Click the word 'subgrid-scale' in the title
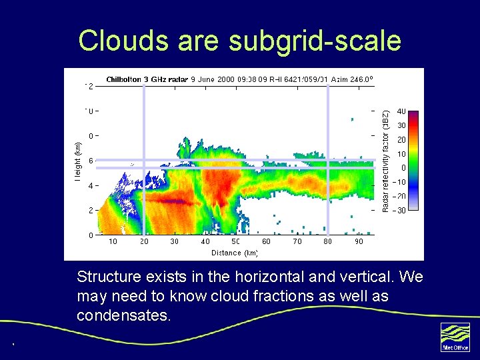315,41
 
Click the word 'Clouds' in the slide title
123,40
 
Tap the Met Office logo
455,336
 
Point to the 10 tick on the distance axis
113,241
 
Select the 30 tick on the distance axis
174,241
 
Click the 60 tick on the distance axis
266,241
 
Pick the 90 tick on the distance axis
359,241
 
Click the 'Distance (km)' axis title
235,253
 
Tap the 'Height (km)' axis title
78,161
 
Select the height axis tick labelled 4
91,185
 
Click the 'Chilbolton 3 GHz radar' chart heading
147,79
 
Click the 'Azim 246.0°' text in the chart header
351,79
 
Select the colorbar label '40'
401,111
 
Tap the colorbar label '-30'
399,211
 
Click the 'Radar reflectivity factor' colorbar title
385,161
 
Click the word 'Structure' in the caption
109,277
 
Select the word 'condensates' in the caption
123,315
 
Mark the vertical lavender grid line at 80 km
328,160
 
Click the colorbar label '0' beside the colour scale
401,168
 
